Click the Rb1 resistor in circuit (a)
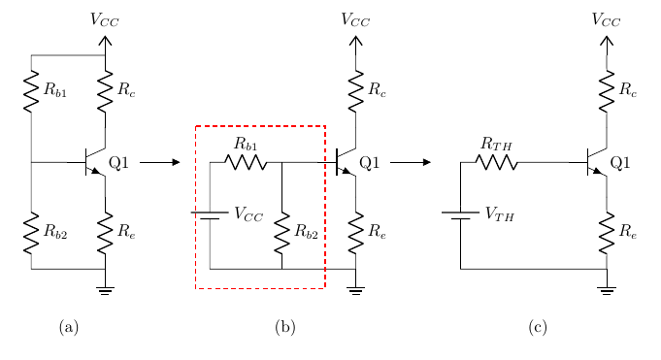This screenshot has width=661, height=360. click(x=31, y=91)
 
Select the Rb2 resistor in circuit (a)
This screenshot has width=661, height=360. click(x=31, y=233)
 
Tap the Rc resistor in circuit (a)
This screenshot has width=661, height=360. click(x=105, y=91)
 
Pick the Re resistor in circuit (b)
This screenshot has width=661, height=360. click(x=356, y=233)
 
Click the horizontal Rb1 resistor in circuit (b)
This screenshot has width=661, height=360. click(x=246, y=162)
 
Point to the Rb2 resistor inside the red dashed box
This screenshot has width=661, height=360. click(x=282, y=233)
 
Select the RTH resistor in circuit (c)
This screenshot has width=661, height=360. click(x=497, y=162)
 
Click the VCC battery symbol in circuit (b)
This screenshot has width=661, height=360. click(x=210, y=215)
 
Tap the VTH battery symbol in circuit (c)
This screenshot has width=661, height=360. click(x=460, y=215)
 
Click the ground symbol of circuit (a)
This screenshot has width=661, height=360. click(x=105, y=291)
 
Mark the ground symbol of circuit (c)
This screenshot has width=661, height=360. click(x=607, y=291)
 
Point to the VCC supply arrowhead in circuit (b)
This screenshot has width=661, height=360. click(x=356, y=41)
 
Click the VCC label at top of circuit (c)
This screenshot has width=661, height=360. click(x=607, y=19)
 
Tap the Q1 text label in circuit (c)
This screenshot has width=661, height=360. click(x=620, y=162)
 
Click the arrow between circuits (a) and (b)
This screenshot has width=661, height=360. click(x=160, y=162)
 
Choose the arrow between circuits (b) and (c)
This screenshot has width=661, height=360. click(x=411, y=162)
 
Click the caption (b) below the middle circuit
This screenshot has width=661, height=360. click(x=285, y=327)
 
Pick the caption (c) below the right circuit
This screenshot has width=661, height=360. click(x=538, y=327)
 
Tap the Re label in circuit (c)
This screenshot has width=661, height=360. click(x=628, y=231)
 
